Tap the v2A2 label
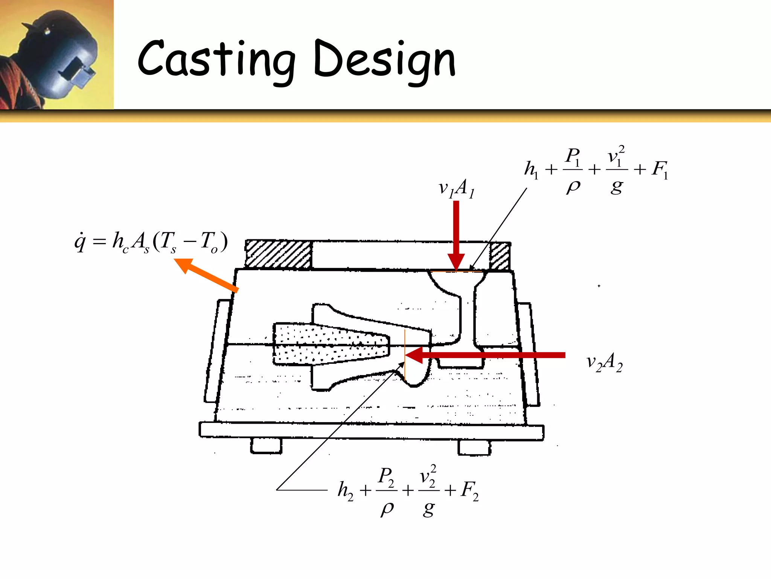tap(605, 363)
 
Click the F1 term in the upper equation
tap(660, 170)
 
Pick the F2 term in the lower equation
tap(469, 491)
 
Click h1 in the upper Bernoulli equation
tap(531, 170)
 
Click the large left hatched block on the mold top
tap(278, 254)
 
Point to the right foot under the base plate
tap(474, 447)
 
